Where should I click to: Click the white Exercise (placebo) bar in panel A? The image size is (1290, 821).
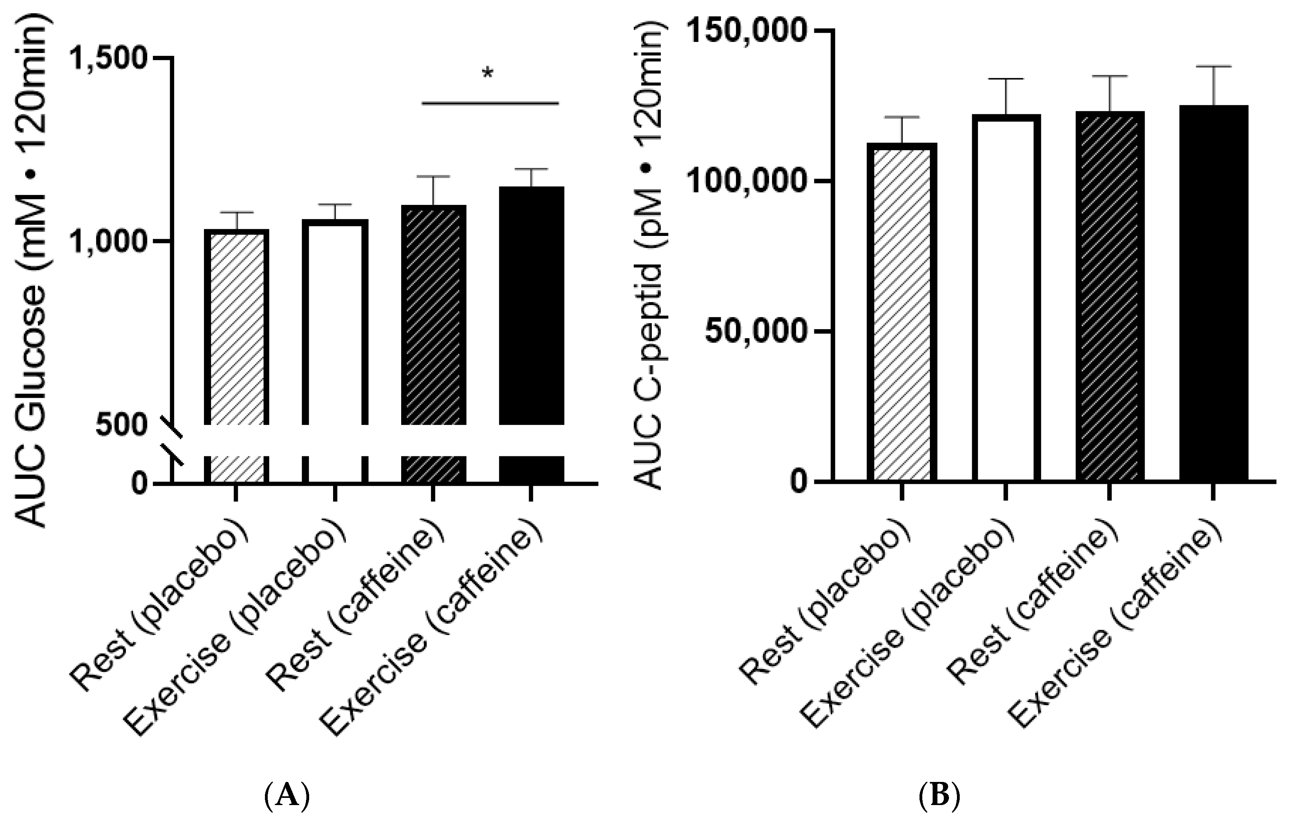pyautogui.click(x=335, y=322)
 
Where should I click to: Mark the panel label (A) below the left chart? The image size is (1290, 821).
pyautogui.click(x=288, y=795)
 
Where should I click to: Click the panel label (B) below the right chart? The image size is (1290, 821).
pyautogui.click(x=940, y=795)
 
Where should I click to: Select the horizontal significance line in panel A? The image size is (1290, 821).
pyautogui.click(x=490, y=103)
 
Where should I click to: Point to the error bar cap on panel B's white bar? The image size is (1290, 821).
pyautogui.click(x=1006, y=79)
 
